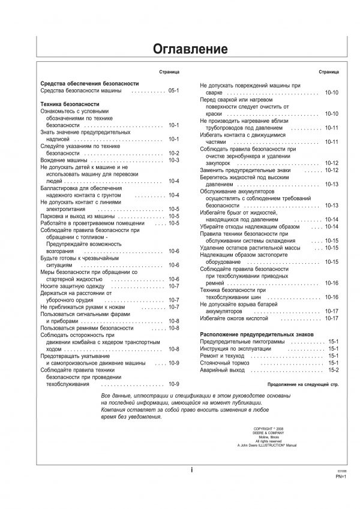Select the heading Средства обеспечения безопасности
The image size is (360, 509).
coord(89,83)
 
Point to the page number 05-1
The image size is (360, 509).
coord(174,91)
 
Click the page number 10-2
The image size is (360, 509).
coord(174,153)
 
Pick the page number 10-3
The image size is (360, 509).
coord(174,160)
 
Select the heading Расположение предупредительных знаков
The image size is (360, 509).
coord(265,333)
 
